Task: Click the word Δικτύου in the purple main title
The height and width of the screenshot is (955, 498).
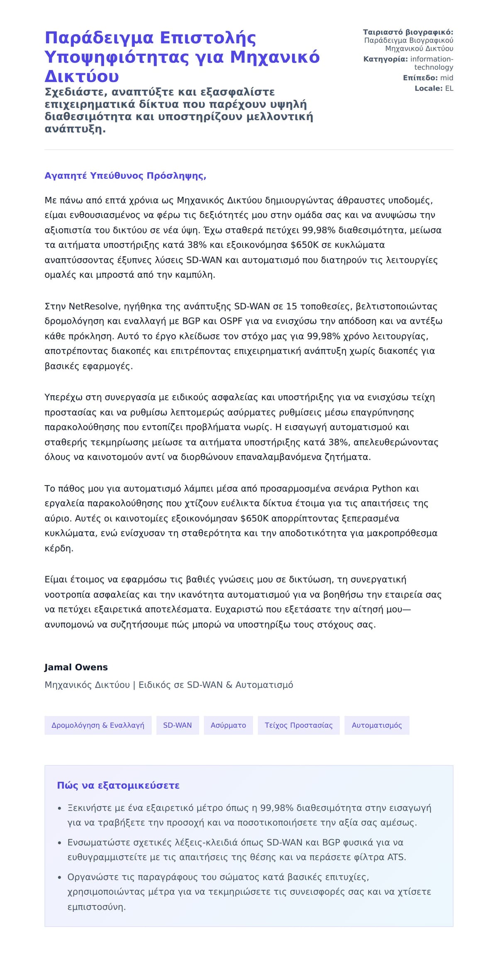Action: (82, 76)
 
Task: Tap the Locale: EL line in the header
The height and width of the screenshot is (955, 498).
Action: (434, 88)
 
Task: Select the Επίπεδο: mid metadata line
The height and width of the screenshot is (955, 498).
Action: (428, 78)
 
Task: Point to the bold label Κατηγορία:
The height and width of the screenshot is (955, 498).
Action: (385, 59)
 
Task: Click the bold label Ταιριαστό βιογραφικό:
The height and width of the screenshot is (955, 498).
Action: (408, 32)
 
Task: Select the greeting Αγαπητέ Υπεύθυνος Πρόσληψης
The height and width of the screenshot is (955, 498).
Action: (125, 176)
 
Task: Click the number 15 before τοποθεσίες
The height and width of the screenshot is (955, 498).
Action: (291, 306)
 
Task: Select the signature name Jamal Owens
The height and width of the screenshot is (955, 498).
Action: (76, 667)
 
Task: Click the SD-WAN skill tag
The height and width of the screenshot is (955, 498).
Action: (178, 725)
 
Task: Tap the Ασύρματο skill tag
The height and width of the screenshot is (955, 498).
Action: (228, 725)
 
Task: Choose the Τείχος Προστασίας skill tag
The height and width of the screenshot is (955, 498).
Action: (298, 725)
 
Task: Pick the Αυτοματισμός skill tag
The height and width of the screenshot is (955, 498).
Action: (377, 725)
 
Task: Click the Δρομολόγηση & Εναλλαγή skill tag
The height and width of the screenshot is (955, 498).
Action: (98, 725)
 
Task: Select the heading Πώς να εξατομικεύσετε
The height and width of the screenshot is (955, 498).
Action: (118, 785)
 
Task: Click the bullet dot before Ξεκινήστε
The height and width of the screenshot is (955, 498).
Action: (60, 808)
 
